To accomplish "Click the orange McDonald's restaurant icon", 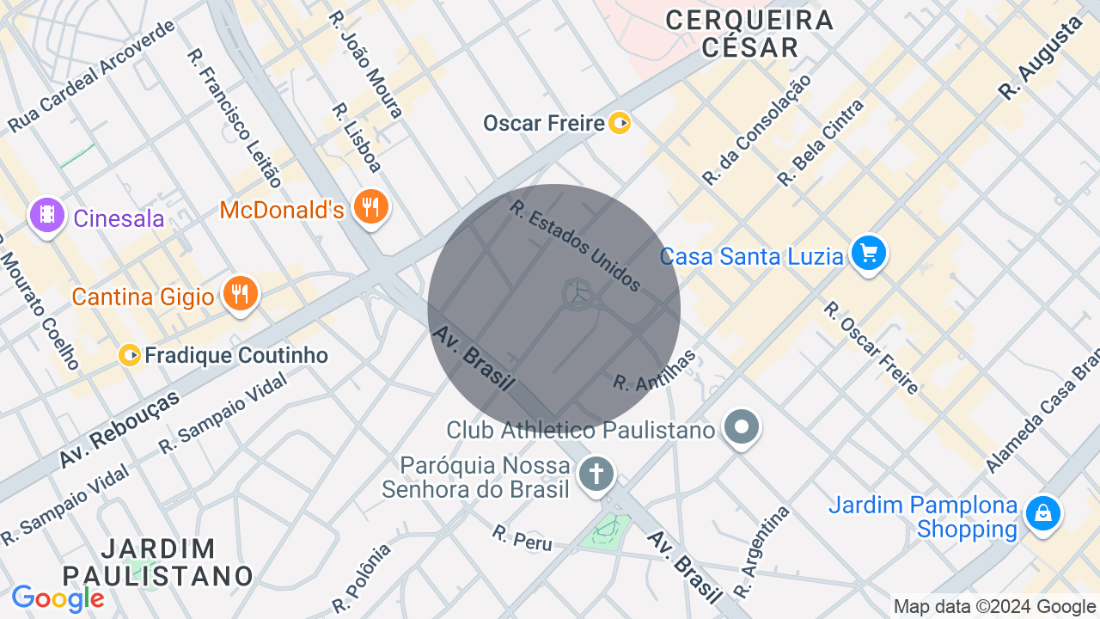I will click(371, 207).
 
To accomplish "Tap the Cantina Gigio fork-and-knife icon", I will click(240, 294).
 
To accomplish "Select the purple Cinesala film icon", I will click(47, 215).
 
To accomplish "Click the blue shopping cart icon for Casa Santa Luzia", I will click(869, 254).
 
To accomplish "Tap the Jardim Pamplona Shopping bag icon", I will click(1042, 514).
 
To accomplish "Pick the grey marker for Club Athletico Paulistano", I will click(741, 426).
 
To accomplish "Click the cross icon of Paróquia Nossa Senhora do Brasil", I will click(596, 474).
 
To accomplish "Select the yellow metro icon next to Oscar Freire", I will click(620, 123).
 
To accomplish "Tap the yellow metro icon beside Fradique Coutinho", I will click(131, 355).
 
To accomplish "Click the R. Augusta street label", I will click(1040, 58).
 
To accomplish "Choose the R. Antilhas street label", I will click(654, 371).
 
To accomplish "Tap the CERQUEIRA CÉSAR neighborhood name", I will click(749, 33).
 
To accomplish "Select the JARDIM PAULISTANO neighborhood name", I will click(158, 561).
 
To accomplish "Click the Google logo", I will click(58, 598).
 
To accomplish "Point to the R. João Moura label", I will click(366, 64).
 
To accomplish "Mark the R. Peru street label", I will click(522, 538).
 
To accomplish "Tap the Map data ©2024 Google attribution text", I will click(994, 607).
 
